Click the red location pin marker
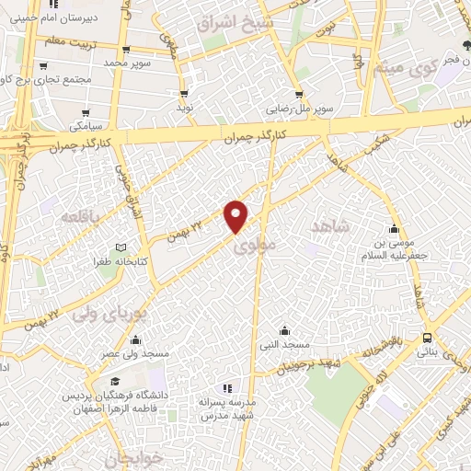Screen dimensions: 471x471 click(236, 215)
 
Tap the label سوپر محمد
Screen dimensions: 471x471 click(126, 63)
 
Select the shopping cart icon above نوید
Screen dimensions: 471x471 click(185, 94)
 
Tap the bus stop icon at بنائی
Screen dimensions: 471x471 click(426, 338)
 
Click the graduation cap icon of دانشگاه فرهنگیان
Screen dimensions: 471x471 click(114, 382)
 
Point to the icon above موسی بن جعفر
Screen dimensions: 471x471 click(395, 229)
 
